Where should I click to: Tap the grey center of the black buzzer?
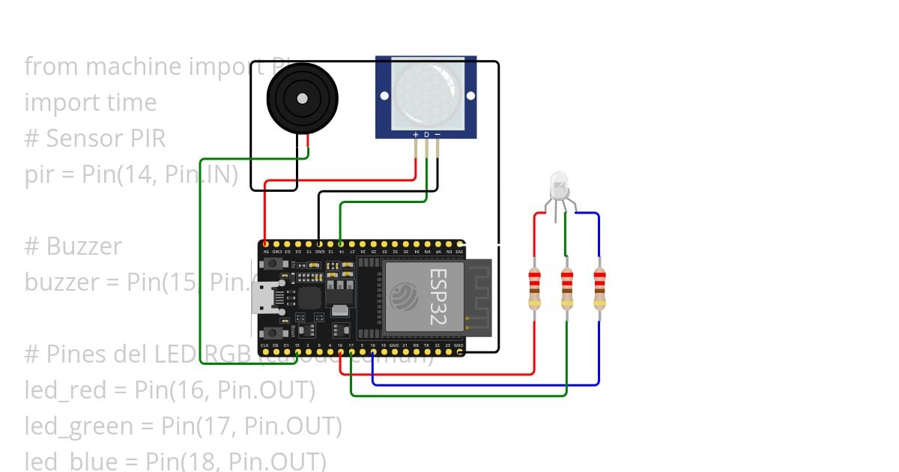(302, 98)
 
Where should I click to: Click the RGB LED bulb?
(559, 184)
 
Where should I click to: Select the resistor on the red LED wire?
(534, 289)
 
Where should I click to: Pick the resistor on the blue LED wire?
(599, 289)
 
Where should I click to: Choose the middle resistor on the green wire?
(567, 289)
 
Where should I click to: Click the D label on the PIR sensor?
(427, 135)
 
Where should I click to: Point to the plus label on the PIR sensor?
(416, 135)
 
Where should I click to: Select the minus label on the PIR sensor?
(438, 135)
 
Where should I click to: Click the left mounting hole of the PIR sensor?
(384, 96)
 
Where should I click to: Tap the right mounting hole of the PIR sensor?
(470, 96)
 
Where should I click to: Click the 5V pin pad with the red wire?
(266, 244)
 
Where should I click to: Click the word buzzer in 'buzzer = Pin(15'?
(61, 282)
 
